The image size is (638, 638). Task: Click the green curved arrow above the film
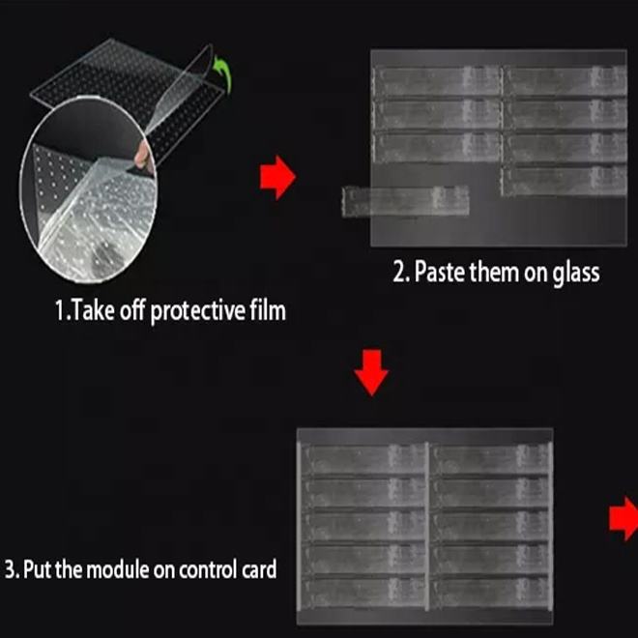[225, 74]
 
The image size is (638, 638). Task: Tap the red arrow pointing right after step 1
[277, 178]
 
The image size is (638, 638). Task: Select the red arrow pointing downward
[371, 372]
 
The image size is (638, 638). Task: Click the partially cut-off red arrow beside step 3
[624, 519]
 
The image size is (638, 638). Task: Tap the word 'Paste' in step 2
[440, 272]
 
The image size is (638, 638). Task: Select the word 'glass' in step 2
[576, 273]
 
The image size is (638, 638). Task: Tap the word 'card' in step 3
[259, 568]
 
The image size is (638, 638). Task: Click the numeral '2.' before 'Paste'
[401, 273]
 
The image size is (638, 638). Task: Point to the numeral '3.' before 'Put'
[12, 569]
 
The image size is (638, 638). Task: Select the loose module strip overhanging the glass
[405, 201]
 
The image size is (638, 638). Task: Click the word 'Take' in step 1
[93, 310]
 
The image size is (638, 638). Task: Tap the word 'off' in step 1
[132, 310]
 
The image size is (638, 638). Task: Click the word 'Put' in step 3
[38, 568]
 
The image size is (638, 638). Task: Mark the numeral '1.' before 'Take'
[62, 311]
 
